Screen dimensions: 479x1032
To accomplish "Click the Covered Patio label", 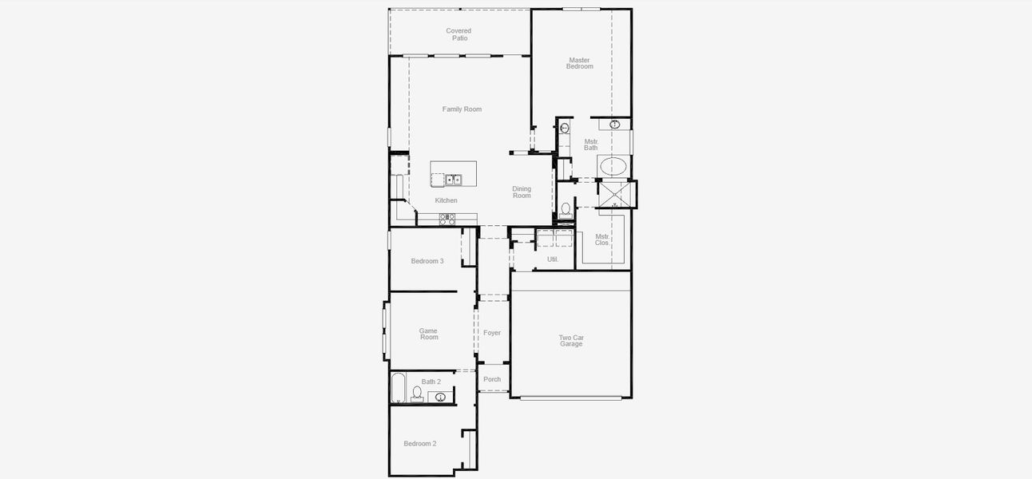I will click(x=458, y=34).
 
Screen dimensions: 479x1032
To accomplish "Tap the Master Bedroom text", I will click(x=579, y=63).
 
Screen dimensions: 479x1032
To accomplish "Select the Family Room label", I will click(x=462, y=109).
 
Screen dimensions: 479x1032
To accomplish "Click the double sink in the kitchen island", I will click(x=453, y=180).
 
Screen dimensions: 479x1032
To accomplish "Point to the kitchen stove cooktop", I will click(x=447, y=217).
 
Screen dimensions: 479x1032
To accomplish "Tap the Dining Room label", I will click(x=522, y=192).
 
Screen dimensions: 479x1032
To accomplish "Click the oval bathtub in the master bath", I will click(x=613, y=167).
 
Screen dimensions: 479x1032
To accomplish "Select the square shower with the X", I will click(x=614, y=194).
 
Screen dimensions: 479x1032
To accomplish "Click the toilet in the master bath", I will click(x=566, y=210).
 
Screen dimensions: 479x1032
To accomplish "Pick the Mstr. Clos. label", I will click(x=601, y=239).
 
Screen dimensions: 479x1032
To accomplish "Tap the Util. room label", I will click(x=552, y=259).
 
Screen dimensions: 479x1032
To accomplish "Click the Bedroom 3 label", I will click(x=427, y=261).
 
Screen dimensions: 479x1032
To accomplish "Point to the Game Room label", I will click(x=429, y=334).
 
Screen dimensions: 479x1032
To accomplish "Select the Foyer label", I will click(x=492, y=333).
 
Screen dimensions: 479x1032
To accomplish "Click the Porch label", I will click(x=492, y=380).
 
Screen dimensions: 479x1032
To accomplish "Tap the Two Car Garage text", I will click(x=571, y=341).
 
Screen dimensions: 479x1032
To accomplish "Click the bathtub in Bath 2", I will click(x=398, y=389).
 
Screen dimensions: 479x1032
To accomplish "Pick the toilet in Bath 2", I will click(x=416, y=394).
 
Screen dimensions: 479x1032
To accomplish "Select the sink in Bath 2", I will click(x=440, y=397).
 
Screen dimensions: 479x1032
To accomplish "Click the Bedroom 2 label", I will click(x=419, y=444).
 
